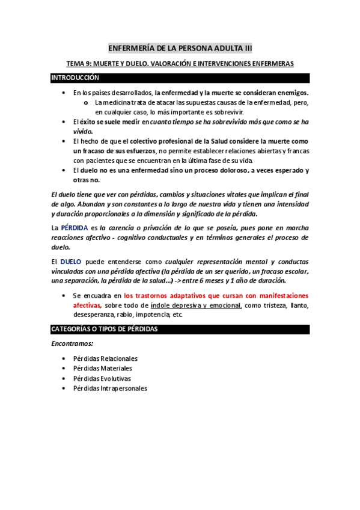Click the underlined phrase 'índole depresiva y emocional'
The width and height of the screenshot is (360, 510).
point(196,306)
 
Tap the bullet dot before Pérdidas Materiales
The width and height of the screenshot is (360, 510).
point(64,368)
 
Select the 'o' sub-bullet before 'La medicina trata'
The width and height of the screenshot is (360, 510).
point(88,102)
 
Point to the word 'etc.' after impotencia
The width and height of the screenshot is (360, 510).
point(177,315)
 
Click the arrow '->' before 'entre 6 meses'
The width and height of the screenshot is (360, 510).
point(178,281)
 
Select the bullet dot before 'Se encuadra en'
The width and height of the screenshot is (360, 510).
point(64,296)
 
